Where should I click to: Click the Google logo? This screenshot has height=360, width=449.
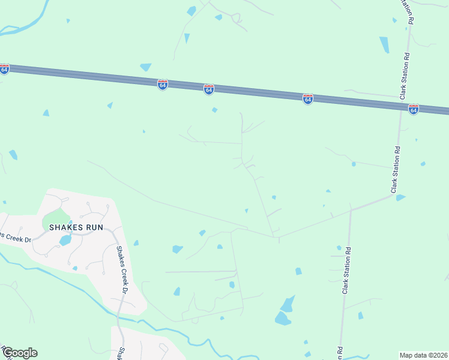click(x=19, y=353)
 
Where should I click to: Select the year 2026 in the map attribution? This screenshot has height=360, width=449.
click(x=439, y=355)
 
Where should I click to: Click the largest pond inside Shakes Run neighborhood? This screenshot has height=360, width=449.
click(x=65, y=241)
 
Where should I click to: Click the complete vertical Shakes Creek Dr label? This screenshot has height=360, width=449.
click(x=122, y=270)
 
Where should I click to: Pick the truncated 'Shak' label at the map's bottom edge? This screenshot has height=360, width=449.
click(x=121, y=353)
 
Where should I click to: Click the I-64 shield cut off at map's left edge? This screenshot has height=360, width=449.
click(x=4, y=69)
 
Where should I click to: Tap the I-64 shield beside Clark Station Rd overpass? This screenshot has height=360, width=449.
click(x=413, y=109)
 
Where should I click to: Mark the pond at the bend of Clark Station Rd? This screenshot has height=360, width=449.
click(x=400, y=197)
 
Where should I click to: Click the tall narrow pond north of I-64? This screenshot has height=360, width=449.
click(x=384, y=45)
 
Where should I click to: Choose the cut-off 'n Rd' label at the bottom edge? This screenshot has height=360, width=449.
click(x=340, y=353)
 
